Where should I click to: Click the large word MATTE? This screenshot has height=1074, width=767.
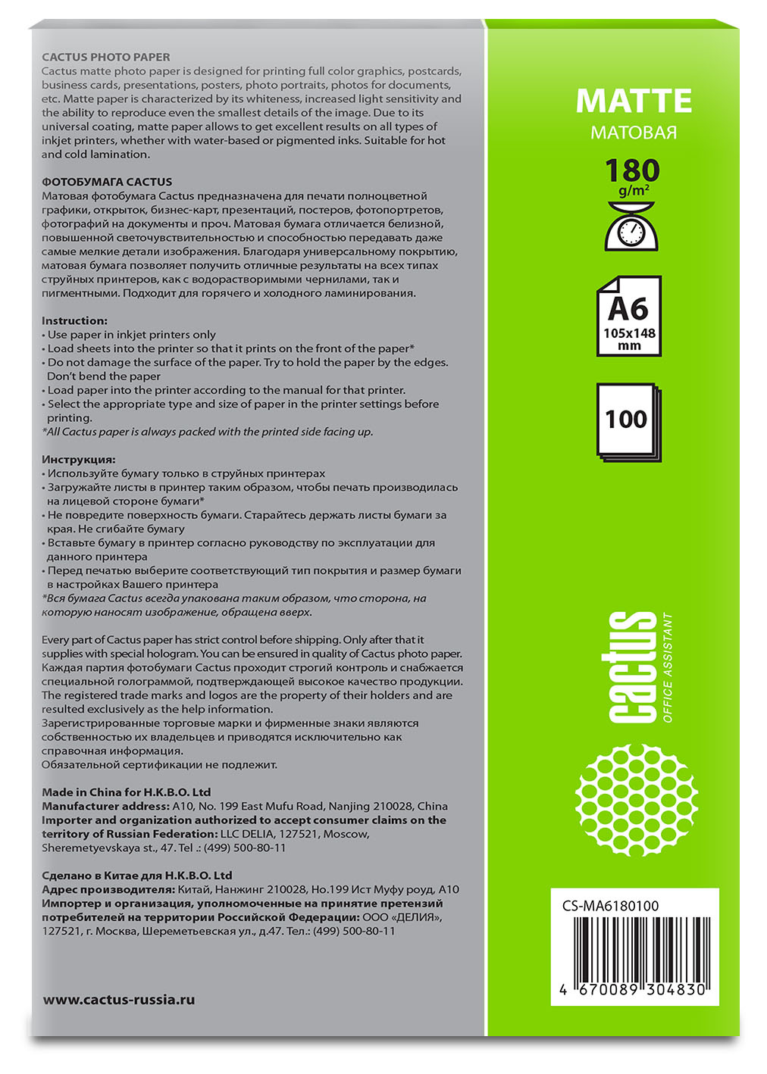634,101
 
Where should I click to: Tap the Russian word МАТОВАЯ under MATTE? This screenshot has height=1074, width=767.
634,133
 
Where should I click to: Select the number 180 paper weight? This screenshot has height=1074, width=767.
632,171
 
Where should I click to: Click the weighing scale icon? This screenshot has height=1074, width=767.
631,225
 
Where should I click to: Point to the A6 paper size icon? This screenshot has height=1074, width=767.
628,316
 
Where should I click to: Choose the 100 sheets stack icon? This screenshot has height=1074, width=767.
628,422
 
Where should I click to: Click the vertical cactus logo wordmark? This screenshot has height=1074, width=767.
632,667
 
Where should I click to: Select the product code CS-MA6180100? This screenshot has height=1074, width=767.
611,905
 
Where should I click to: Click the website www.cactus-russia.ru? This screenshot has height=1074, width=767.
119,1000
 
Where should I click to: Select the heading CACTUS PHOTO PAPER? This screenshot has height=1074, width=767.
106,57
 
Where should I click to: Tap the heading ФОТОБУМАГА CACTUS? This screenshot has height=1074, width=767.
107,182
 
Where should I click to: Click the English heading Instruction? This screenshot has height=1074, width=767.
74,320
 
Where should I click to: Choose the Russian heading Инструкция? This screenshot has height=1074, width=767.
79,460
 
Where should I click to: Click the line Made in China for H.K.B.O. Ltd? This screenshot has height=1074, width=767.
127,792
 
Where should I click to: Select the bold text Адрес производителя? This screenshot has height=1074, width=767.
108,889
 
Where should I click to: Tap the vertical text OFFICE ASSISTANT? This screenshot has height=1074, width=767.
667,667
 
